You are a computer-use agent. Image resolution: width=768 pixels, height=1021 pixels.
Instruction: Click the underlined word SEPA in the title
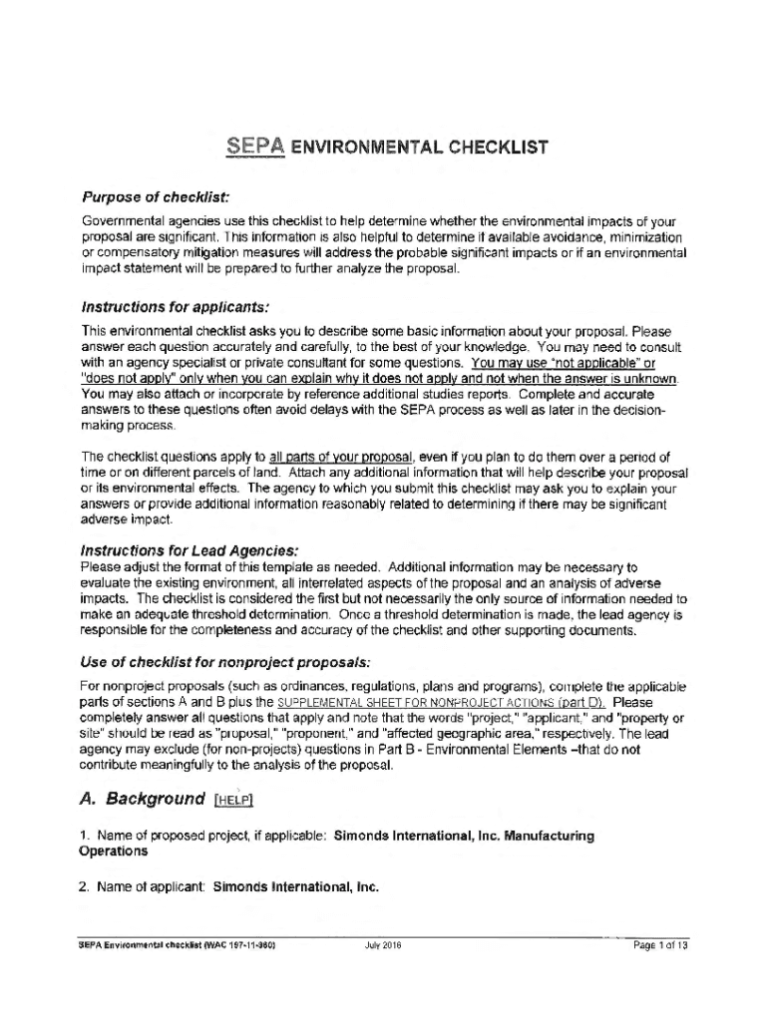[x=254, y=149]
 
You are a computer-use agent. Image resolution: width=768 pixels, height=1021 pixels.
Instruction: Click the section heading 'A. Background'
[x=142, y=799]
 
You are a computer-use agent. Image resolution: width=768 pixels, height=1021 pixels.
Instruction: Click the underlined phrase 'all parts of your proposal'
[x=332, y=457]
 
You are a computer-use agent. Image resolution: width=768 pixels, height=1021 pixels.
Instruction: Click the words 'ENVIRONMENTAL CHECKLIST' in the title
[x=420, y=150]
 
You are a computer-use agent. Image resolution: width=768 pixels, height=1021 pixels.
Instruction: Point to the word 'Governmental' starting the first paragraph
[x=122, y=220]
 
